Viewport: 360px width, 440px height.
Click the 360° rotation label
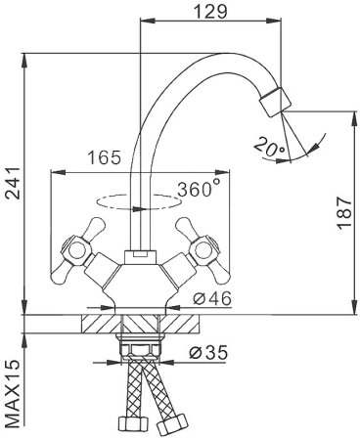[x=198, y=189]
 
